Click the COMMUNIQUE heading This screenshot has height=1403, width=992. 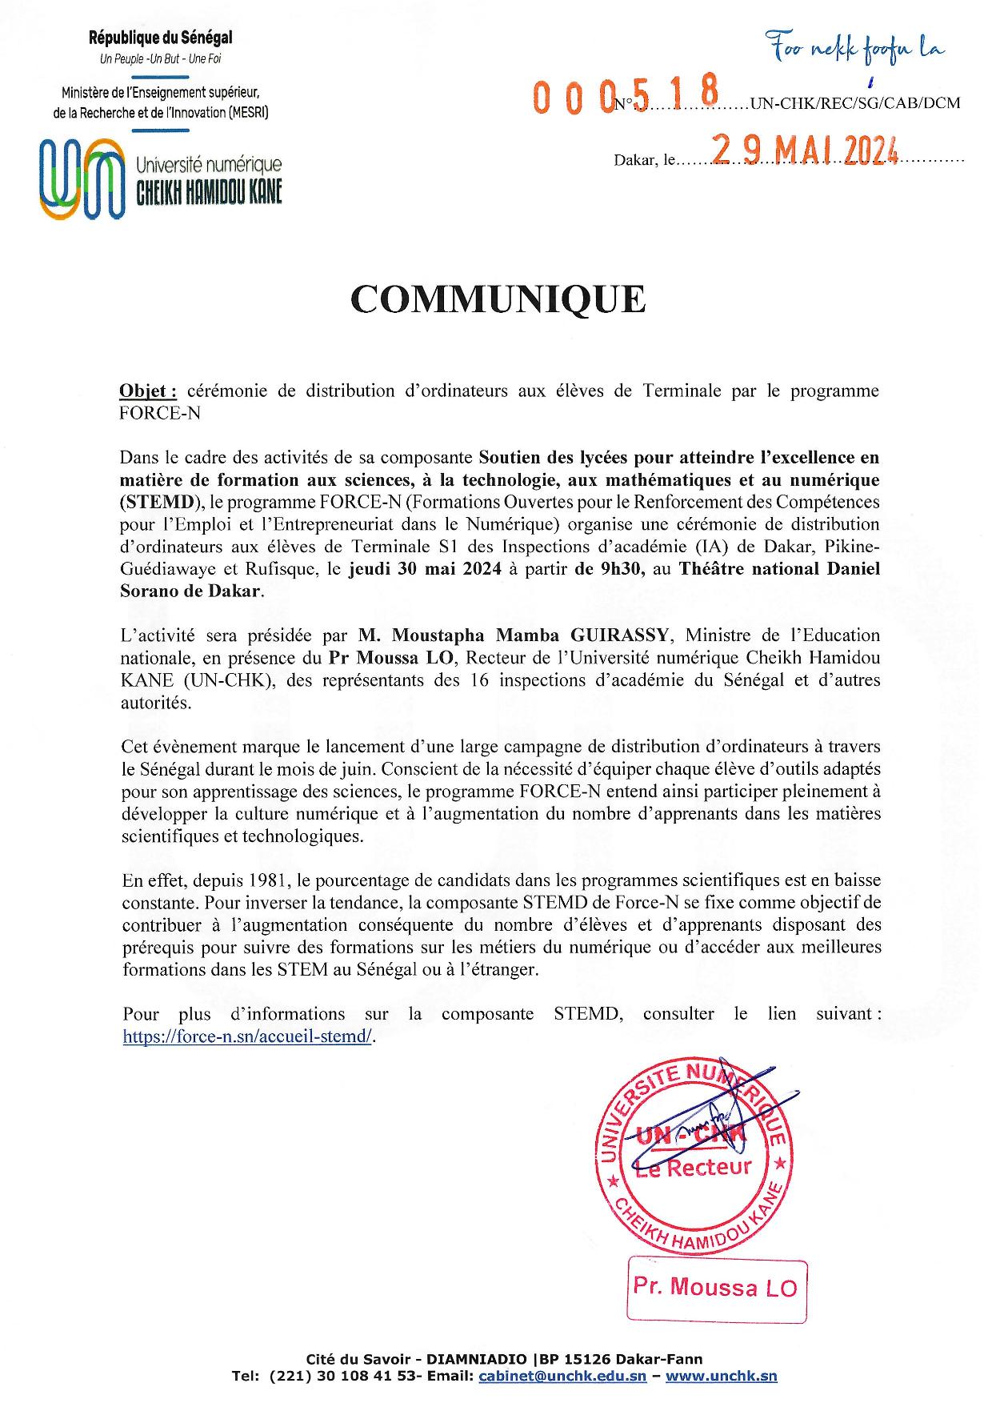click(x=497, y=299)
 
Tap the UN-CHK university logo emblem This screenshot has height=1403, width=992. click(x=82, y=178)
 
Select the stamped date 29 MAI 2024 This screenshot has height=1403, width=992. click(x=805, y=150)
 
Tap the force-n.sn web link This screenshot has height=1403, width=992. click(x=248, y=1036)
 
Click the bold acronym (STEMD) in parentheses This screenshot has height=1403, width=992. click(x=158, y=503)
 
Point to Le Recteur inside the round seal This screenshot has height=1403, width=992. click(x=694, y=1167)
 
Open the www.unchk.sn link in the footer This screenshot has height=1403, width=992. click(x=722, y=1377)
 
